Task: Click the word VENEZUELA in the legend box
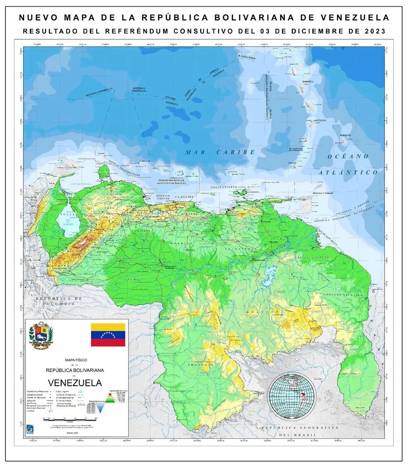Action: pyautogui.click(x=75, y=382)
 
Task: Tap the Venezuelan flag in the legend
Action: pyautogui.click(x=108, y=334)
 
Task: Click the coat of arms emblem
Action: pyautogui.click(x=41, y=335)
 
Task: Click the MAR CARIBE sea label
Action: pyautogui.click(x=220, y=152)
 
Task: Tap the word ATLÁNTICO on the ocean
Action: pyautogui.click(x=348, y=172)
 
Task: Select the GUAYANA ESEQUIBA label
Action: pyautogui.click(x=344, y=295)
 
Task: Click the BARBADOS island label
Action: pyautogui.click(x=345, y=135)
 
